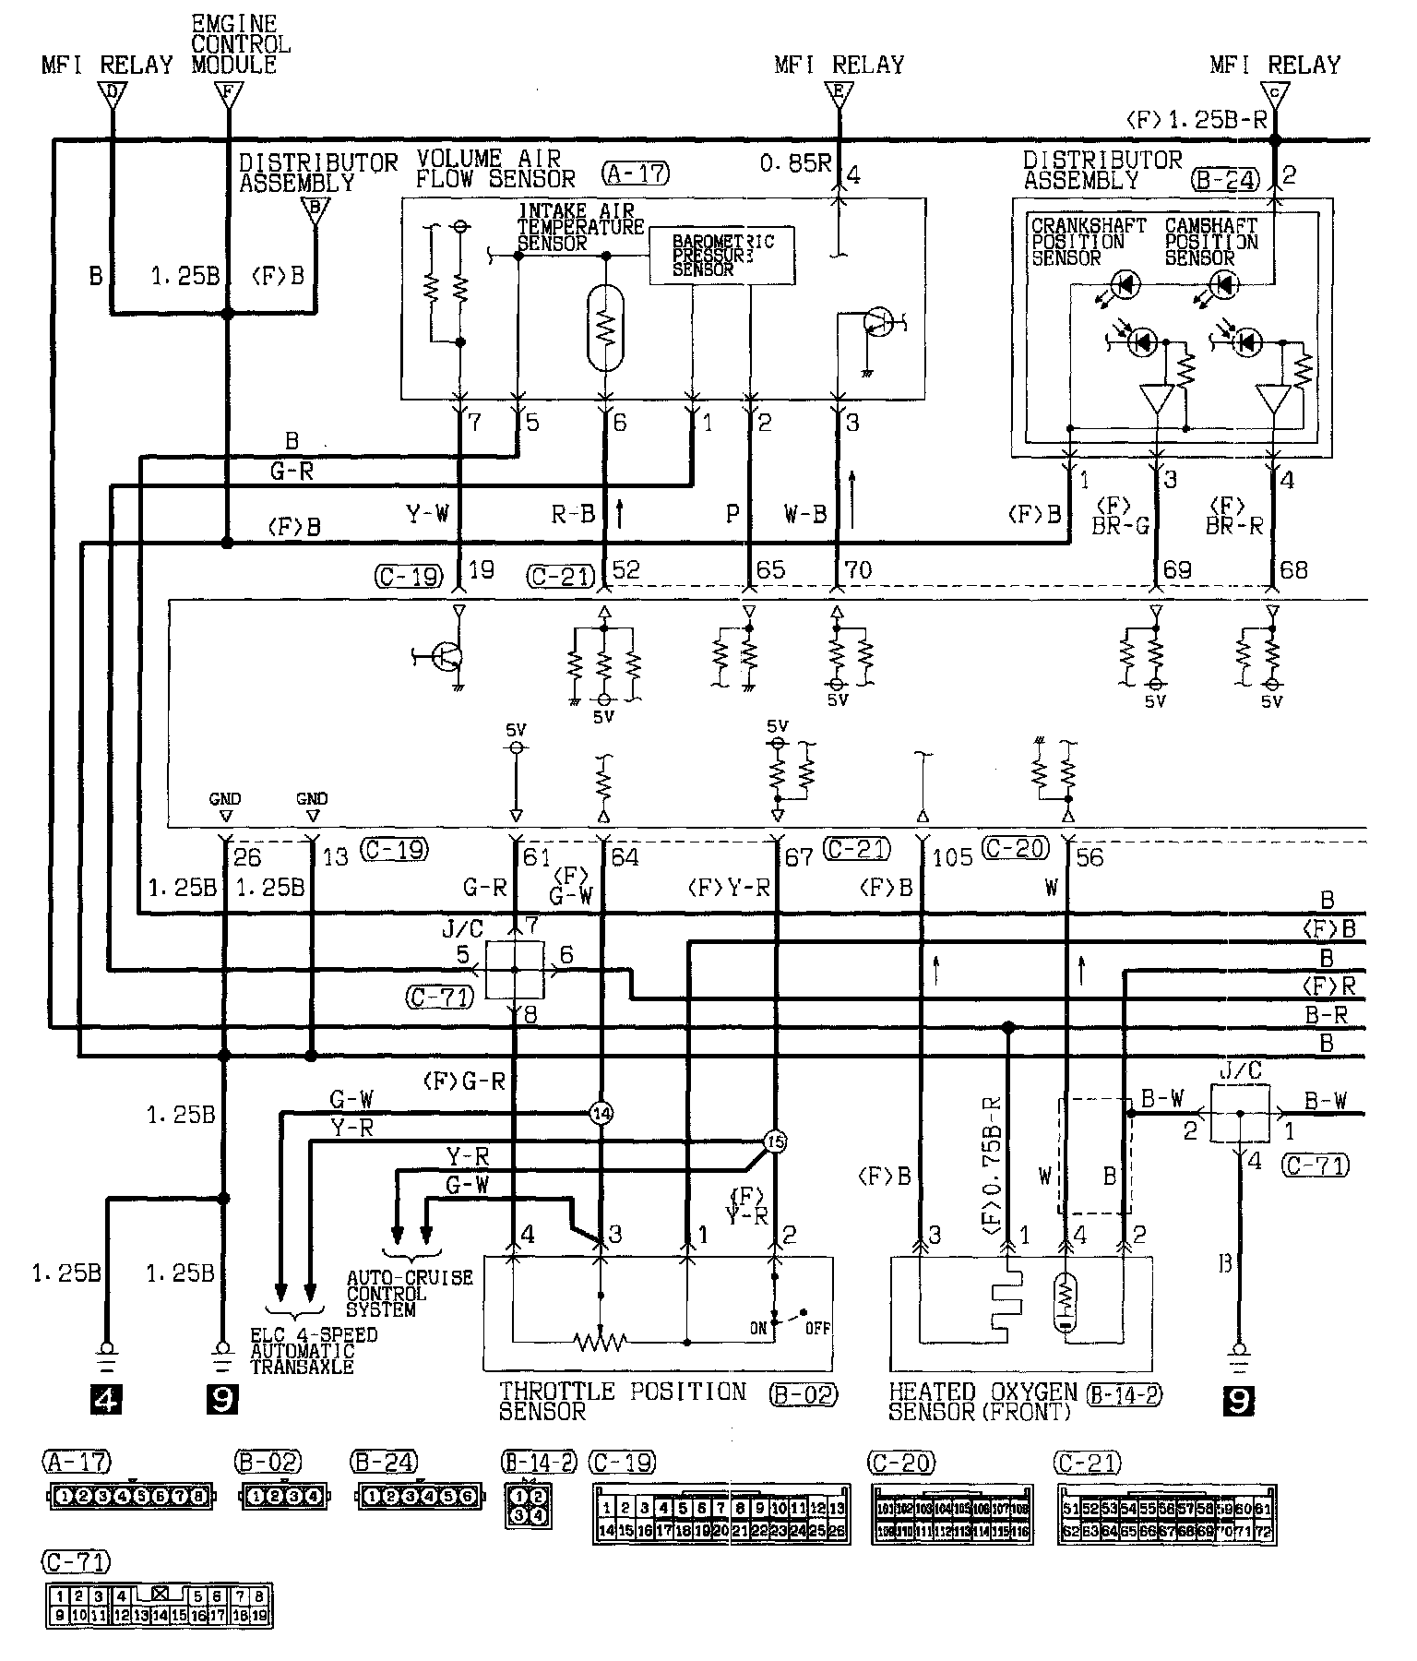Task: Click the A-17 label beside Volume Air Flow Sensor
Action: tap(635, 173)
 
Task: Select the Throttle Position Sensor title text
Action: tap(623, 1400)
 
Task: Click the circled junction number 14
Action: tap(601, 1114)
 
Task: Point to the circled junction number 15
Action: tap(775, 1142)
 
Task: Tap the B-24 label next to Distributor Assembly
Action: tap(1224, 180)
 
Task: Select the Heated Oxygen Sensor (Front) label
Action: tap(982, 1400)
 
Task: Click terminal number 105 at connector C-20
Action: tap(952, 857)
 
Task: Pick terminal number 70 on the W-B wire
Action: tap(858, 570)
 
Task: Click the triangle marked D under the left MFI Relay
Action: tap(113, 94)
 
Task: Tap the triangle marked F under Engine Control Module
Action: tap(227, 94)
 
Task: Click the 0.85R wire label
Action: tap(795, 163)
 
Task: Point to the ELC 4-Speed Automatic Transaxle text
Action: tap(314, 1351)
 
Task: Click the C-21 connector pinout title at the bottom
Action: tap(1089, 1463)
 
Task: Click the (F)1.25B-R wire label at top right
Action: tap(1197, 120)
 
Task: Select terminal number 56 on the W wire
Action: tap(1090, 857)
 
